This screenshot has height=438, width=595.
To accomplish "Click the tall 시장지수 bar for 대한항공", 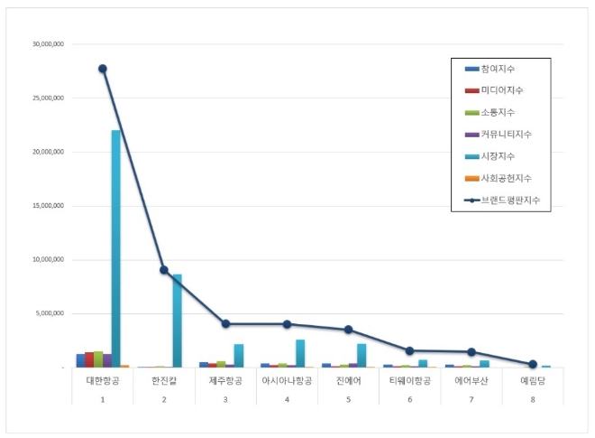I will (x=115, y=248).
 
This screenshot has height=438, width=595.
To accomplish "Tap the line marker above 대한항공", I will (x=103, y=69).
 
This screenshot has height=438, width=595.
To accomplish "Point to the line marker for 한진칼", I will (x=163, y=270).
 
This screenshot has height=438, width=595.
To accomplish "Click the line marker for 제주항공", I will (x=225, y=323).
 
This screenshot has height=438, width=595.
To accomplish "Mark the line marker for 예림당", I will (x=533, y=364).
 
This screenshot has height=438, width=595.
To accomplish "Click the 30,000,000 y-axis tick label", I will (x=48, y=44).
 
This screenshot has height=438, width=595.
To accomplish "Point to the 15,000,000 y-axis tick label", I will (x=48, y=206).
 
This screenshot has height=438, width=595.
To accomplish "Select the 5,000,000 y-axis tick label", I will (x=50, y=314).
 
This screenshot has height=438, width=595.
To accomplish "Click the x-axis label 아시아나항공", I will (x=287, y=381).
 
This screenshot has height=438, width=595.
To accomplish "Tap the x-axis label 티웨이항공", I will (x=409, y=381).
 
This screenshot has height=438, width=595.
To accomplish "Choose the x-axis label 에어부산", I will (x=471, y=381).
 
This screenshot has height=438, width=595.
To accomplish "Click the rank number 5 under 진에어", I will (x=348, y=398).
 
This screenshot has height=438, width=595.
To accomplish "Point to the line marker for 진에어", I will (x=348, y=330).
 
